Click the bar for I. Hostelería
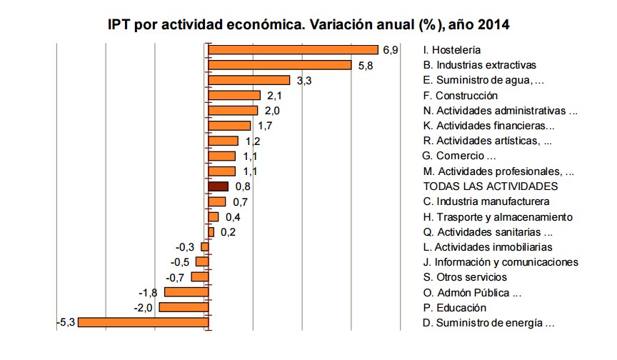tap(293, 50)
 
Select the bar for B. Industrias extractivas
tap(280, 65)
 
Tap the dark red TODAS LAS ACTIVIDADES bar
tap(218, 186)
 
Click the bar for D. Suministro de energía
tap(143, 323)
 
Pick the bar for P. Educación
tap(184, 307)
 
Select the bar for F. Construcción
tap(234, 96)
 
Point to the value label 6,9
tap(390, 50)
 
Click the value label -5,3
tap(66, 323)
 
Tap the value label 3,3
tap(304, 81)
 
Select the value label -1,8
tap(149, 293)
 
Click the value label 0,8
tap(243, 187)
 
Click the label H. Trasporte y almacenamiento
tap(497, 216)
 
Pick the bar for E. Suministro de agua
tap(249, 80)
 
